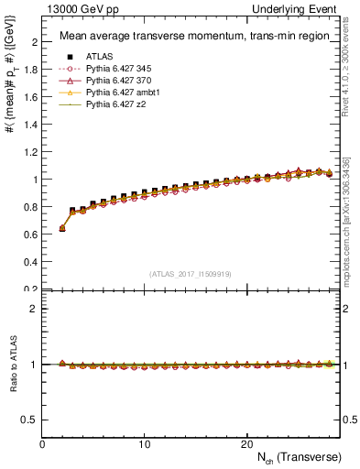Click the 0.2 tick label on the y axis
point(31,289)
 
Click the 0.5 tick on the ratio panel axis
point(31,420)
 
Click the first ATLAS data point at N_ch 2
point(62,228)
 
